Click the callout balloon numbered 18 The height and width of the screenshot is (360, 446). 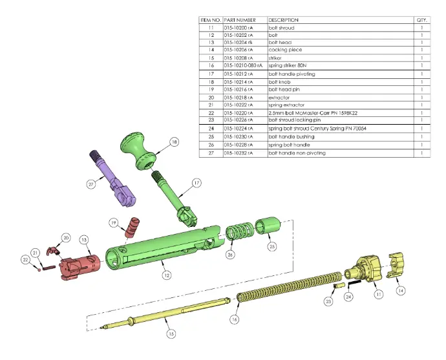click(173, 142)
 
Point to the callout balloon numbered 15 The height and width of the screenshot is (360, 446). click(170, 334)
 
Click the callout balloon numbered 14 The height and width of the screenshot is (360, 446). click(401, 291)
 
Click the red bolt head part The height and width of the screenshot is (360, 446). click(79, 265)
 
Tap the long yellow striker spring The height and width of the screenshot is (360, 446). click(291, 284)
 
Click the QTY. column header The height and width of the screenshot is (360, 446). click(421, 20)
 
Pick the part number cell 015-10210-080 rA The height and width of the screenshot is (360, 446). click(242, 65)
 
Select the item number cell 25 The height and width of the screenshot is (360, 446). click(211, 138)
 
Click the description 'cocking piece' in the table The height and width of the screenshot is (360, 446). click(284, 49)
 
